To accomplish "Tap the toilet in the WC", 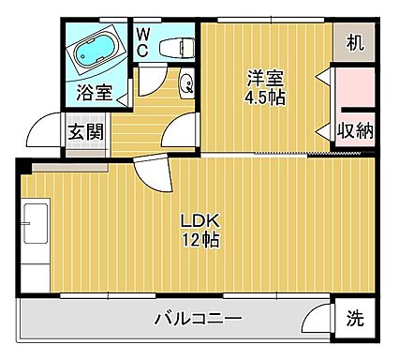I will (175, 46).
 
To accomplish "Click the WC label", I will (144, 41).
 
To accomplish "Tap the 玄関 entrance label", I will (83, 130).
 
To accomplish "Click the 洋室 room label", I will (265, 78).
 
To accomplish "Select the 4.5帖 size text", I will (265, 97).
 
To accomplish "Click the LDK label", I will (199, 220).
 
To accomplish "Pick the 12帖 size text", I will (200, 240).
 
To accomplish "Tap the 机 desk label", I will (354, 42).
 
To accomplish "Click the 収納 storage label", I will (355, 130).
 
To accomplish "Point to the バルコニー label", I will (198, 320).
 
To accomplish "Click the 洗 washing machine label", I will (355, 317).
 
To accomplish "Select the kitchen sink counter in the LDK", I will (35, 234).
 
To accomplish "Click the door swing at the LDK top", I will (150, 172).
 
